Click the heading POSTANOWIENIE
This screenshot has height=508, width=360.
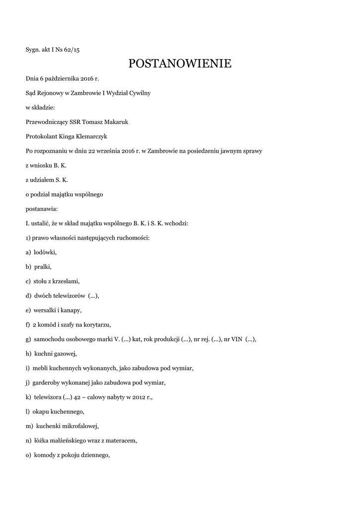coord(180,64)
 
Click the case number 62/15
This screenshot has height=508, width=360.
coord(71,49)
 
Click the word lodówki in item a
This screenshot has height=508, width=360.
coord(45,253)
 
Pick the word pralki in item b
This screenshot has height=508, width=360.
coord(43,267)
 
